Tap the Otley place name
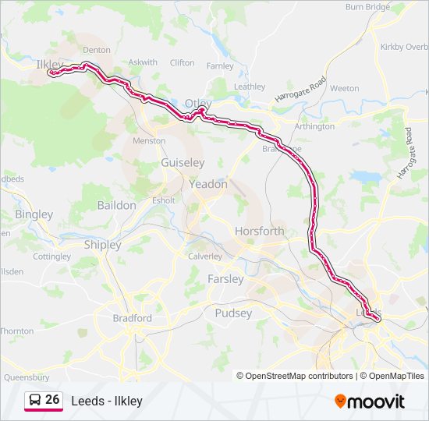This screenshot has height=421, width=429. click(198, 103)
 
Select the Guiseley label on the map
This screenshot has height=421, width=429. click(183, 163)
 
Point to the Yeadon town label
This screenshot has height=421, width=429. click(208, 185)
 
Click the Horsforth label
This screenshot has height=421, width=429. click(260, 232)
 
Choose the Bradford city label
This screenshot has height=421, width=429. click(132, 318)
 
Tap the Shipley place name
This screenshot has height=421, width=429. click(102, 245)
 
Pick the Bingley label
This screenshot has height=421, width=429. click(34, 214)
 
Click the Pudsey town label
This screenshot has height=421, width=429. click(233, 313)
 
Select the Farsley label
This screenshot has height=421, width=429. click(225, 278)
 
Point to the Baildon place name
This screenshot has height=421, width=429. click(116, 205)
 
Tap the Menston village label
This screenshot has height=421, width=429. click(149, 141)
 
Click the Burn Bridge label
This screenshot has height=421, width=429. click(367, 7)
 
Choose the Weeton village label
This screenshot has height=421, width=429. click(344, 88)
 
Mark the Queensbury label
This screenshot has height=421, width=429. click(27, 376)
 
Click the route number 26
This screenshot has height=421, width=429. click(52, 399)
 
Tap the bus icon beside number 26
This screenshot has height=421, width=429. click(35, 400)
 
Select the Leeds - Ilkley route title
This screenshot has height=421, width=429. click(107, 401)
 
